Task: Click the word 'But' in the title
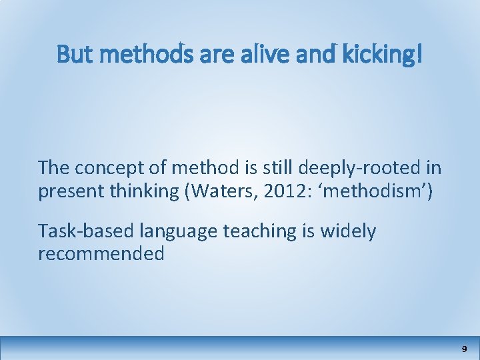point(71,55)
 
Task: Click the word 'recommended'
point(101,254)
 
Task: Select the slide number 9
point(464,349)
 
